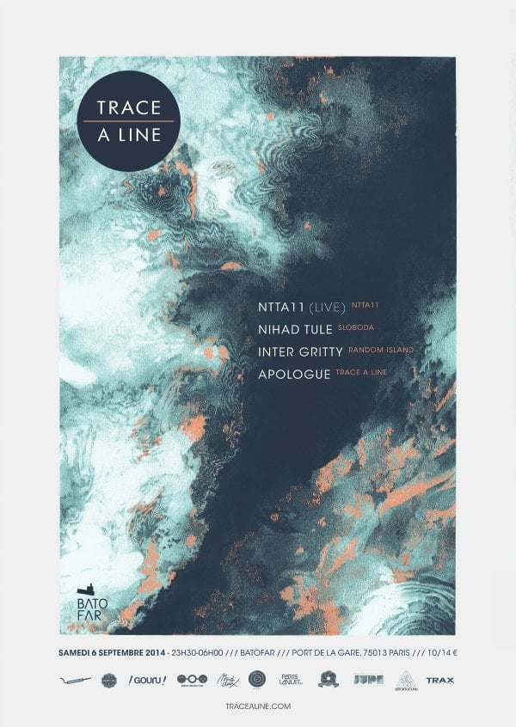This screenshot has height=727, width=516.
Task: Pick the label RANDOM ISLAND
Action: click(x=382, y=350)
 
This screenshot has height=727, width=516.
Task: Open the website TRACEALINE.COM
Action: click(x=257, y=705)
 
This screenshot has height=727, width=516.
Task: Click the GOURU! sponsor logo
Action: click(x=146, y=681)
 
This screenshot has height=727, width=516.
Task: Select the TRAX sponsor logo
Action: click(x=439, y=681)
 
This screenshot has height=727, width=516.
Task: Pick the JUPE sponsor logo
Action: click(x=369, y=681)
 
